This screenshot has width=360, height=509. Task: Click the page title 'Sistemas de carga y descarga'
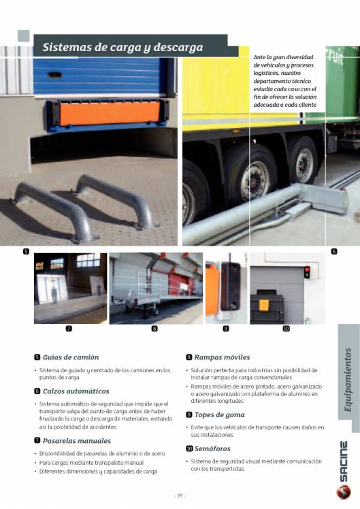(122, 48)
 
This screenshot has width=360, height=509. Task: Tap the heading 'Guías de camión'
(70, 357)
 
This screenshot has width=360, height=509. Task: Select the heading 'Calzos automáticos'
(76, 391)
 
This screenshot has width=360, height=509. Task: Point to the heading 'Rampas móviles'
(222, 357)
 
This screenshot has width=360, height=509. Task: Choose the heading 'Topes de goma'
(219, 414)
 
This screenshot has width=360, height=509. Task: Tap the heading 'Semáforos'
(212, 448)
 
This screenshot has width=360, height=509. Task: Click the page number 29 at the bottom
(180, 495)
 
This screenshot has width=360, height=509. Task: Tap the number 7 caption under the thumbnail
(69, 329)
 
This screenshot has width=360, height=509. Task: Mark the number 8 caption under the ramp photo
(154, 329)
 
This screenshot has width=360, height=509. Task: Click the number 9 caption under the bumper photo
(226, 329)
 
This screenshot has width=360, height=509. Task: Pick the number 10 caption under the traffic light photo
(286, 329)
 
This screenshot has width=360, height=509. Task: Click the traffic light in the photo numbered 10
(306, 272)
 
